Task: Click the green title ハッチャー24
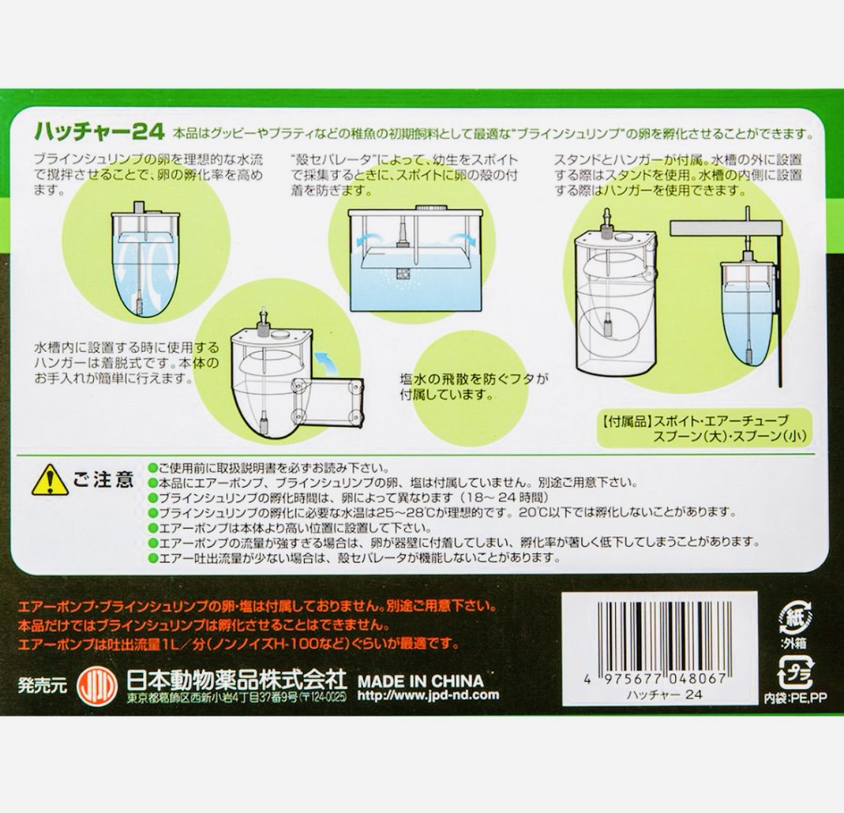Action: point(99,132)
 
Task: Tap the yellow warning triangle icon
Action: point(50,480)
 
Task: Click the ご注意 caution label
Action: point(103,479)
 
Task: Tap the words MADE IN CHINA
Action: point(421,681)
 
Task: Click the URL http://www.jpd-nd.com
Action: point(428,695)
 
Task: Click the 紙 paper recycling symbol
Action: point(794,618)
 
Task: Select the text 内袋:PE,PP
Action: point(796,698)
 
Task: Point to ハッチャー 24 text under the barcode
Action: point(664,694)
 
